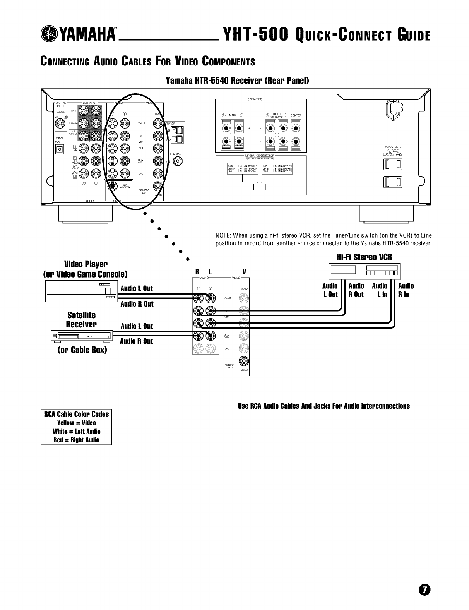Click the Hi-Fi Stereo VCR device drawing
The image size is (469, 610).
point(364,272)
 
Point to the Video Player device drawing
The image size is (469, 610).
point(81,291)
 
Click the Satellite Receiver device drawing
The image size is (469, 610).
point(82,337)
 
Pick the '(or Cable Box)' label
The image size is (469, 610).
point(82,350)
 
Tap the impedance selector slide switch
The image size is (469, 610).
point(260,187)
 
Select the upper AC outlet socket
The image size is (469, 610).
point(392,164)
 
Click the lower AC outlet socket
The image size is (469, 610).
point(392,182)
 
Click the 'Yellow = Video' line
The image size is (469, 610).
point(76,423)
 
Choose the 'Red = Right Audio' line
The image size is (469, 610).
point(76,440)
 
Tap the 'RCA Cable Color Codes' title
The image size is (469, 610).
point(76,414)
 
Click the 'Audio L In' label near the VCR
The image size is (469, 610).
point(380,290)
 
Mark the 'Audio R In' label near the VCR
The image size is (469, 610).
point(406,290)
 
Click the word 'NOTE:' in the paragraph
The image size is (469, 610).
point(223,236)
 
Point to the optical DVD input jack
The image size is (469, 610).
point(59,149)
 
